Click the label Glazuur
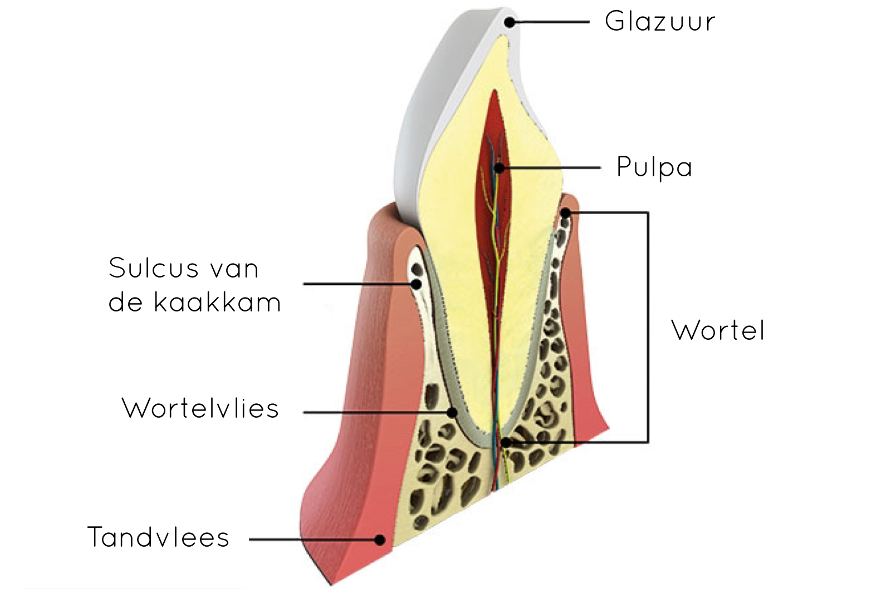[660, 22]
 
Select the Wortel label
[718, 330]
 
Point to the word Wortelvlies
[200, 408]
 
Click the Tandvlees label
[158, 537]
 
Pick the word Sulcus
[154, 268]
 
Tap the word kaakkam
[217, 303]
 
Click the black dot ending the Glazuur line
[510, 22]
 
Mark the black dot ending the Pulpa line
[499, 169]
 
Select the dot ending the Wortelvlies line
[452, 413]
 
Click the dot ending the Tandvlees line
[380, 539]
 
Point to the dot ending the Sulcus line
[417, 284]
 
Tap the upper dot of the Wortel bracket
[565, 213]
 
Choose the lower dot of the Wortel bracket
[506, 442]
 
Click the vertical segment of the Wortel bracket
[648, 328]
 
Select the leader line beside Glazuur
[549, 22]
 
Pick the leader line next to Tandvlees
[315, 539]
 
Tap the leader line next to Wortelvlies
[378, 413]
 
